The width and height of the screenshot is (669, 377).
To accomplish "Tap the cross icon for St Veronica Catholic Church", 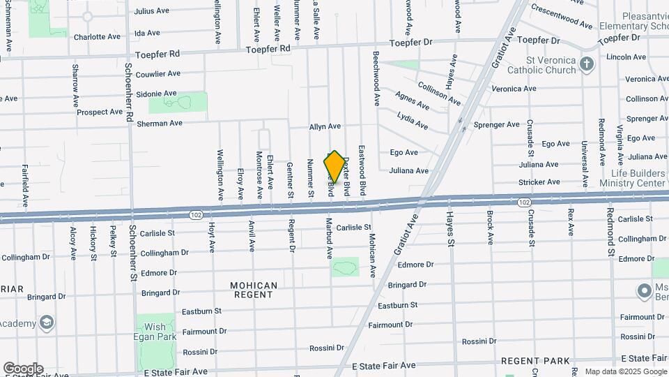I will tap(587, 65).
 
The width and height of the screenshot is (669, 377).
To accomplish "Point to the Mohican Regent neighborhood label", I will tap(254, 290).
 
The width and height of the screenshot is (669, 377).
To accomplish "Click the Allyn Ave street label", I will tap(325, 126).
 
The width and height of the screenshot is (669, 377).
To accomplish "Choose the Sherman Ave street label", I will tap(160, 124).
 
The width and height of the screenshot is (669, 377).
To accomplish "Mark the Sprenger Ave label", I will tap(497, 125).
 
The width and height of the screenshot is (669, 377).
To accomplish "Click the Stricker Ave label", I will tap(539, 183).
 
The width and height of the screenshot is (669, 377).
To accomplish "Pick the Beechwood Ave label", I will tap(376, 78).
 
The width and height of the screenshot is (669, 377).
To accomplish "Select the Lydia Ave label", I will tap(412, 120).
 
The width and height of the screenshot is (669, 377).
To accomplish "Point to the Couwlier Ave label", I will tap(157, 73).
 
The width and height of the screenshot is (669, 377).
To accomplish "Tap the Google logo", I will tap(22, 369).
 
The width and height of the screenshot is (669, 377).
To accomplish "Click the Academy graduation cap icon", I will tap(47, 323).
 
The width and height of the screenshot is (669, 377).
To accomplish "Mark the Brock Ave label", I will tap(491, 228).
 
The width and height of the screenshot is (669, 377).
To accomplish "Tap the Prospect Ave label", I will tap(100, 112).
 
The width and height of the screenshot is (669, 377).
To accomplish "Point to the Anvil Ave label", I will tap(252, 236).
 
